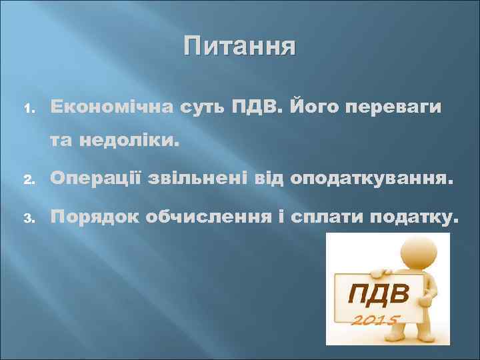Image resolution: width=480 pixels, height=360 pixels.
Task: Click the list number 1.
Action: (27, 108)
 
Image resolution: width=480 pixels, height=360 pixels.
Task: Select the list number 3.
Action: (27, 217)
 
